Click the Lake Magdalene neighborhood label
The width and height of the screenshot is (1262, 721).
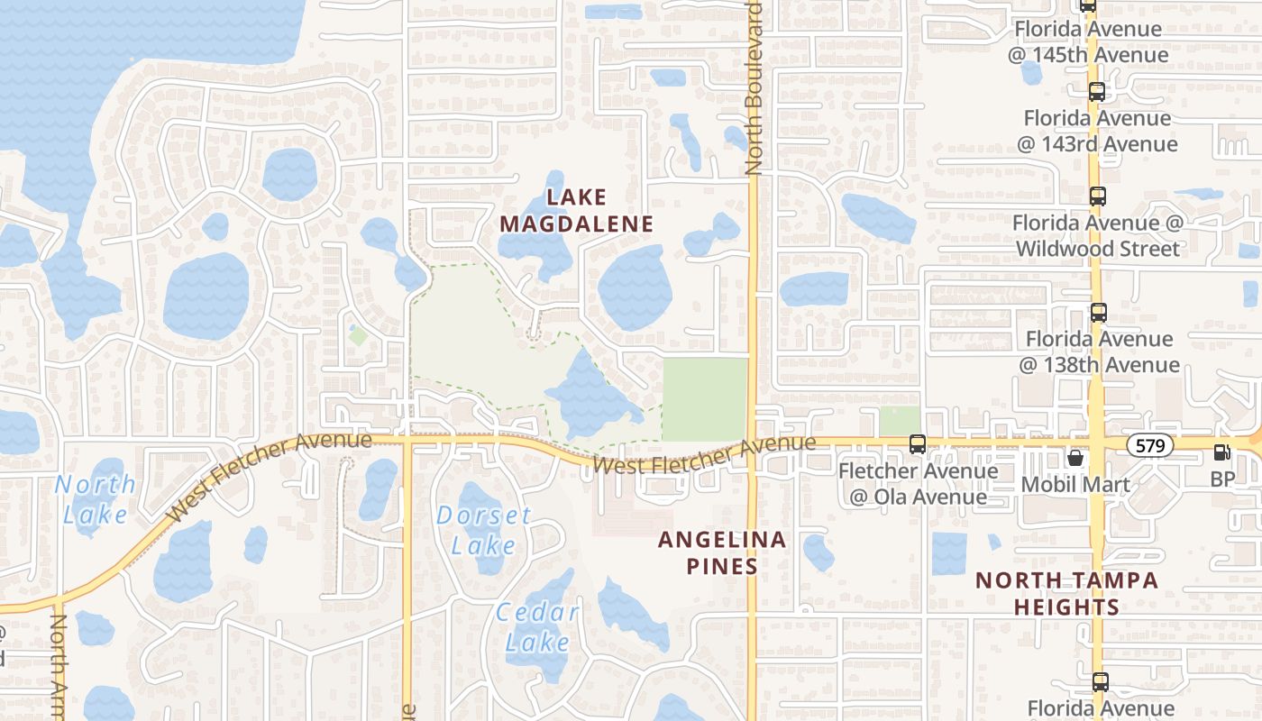pyautogui.click(x=576, y=210)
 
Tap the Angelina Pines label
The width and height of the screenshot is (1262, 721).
pyautogui.click(x=721, y=552)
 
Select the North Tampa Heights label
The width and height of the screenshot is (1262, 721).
pyautogui.click(x=1066, y=593)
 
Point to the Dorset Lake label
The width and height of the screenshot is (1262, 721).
pyautogui.click(x=484, y=530)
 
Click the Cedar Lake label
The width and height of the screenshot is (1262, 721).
pyautogui.click(x=538, y=627)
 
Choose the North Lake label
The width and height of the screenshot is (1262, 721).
pyautogui.click(x=96, y=498)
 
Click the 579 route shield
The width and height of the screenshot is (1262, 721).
pyautogui.click(x=1150, y=444)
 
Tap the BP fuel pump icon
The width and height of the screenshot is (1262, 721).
pyautogui.click(x=1222, y=452)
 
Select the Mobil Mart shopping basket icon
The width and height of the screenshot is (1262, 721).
pyautogui.click(x=1075, y=458)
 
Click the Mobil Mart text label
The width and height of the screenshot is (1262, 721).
pyautogui.click(x=1075, y=484)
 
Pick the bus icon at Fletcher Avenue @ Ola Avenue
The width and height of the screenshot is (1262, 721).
pyautogui.click(x=918, y=443)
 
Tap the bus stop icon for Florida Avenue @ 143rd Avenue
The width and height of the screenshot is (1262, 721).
pyautogui.click(x=1097, y=91)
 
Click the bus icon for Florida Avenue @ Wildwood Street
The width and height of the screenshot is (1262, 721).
pyautogui.click(x=1097, y=196)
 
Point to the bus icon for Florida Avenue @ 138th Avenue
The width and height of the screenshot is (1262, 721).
pyautogui.click(x=1098, y=313)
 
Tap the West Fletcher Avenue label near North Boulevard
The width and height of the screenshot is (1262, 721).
pyautogui.click(x=705, y=457)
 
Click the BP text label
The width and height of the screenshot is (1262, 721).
pyautogui.click(x=1222, y=479)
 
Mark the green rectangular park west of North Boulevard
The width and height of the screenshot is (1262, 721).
pyautogui.click(x=705, y=399)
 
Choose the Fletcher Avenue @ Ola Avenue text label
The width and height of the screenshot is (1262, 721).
pyautogui.click(x=918, y=484)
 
